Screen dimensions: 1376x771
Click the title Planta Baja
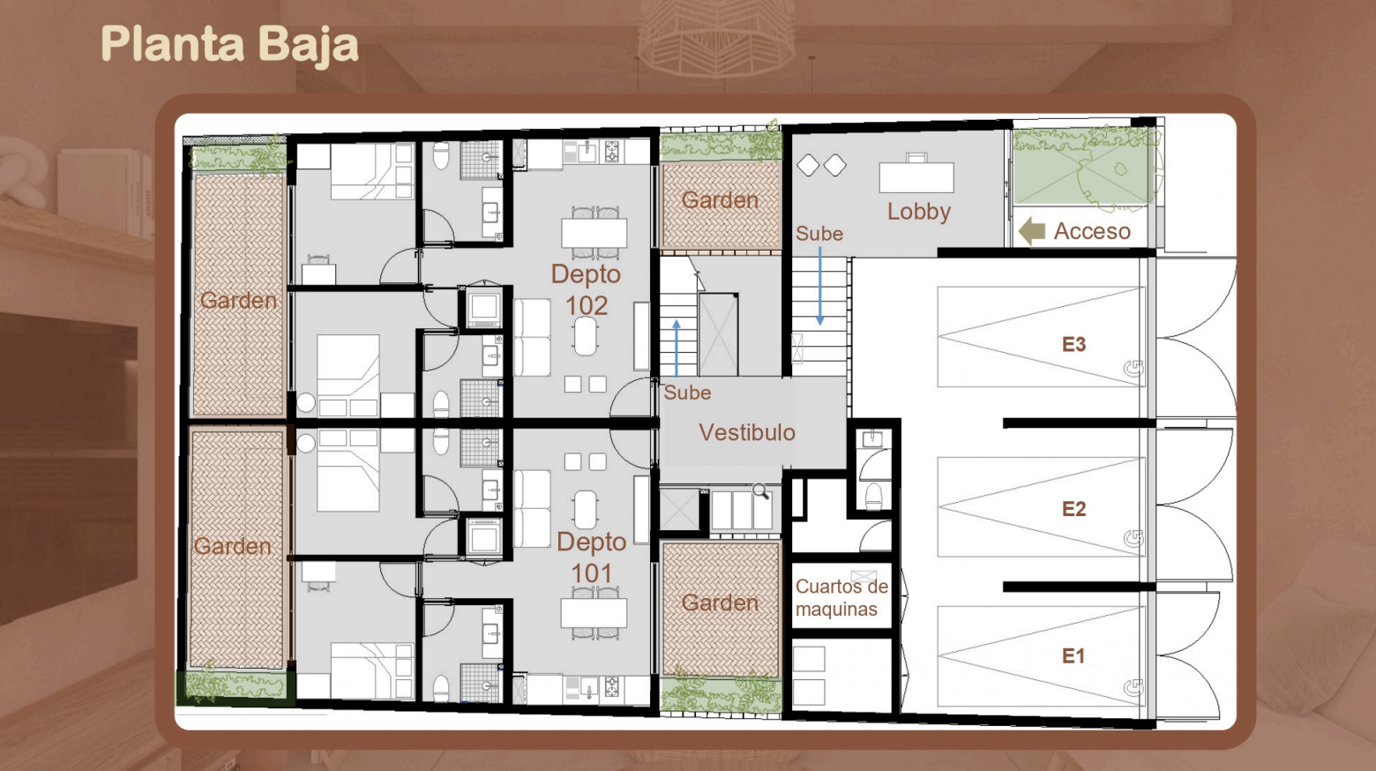(x=229, y=44)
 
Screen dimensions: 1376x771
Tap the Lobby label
(x=919, y=212)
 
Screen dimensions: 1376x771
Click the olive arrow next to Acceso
(x=1032, y=231)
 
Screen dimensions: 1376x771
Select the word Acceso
(x=1092, y=231)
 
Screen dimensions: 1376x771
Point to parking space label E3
(x=1073, y=344)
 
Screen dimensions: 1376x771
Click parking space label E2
(x=1073, y=509)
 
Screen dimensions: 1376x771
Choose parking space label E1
(x=1073, y=656)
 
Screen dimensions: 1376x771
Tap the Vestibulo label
(x=747, y=432)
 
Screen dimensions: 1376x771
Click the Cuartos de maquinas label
(x=841, y=598)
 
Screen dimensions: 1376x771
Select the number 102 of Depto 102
(x=587, y=305)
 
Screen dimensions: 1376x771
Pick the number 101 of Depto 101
(x=592, y=573)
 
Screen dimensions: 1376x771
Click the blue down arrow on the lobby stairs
(x=820, y=287)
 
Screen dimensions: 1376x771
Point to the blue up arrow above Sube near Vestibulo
(x=677, y=348)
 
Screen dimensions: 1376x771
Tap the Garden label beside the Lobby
(x=720, y=200)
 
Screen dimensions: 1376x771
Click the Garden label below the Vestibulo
(x=720, y=603)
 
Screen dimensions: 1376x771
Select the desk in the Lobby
(x=916, y=175)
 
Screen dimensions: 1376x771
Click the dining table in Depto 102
(x=594, y=233)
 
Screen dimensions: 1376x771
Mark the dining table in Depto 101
(x=594, y=612)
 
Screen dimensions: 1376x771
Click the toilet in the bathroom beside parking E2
(x=874, y=496)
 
